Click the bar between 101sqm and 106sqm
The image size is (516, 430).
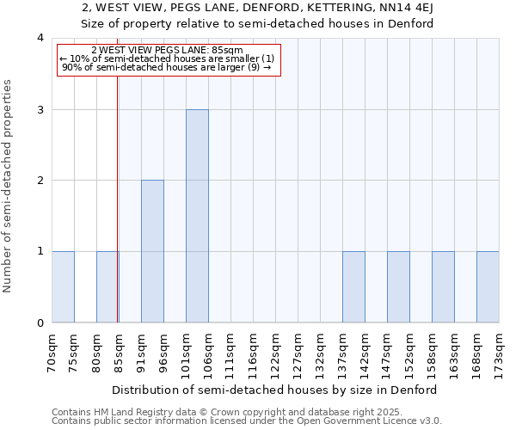click(x=197, y=216)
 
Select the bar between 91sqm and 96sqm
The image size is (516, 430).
click(x=152, y=251)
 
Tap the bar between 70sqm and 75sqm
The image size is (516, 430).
click(x=63, y=287)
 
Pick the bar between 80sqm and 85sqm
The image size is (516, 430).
click(x=107, y=287)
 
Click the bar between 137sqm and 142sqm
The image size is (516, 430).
click(x=353, y=287)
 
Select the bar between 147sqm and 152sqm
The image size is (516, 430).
click(x=398, y=287)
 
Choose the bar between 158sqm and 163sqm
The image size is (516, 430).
click(x=443, y=287)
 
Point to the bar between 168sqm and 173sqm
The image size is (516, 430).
click(x=488, y=287)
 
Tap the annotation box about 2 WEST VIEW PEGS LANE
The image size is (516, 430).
click(x=169, y=59)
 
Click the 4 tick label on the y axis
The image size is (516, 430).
click(x=40, y=38)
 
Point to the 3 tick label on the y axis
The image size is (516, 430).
click(x=40, y=109)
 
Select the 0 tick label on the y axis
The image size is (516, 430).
click(x=40, y=323)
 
